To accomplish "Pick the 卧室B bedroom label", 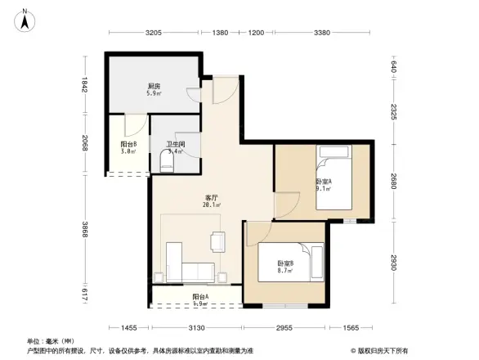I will (284, 265).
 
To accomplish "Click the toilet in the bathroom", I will (167, 166).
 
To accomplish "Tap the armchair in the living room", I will (217, 241).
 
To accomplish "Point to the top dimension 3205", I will (154, 33).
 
